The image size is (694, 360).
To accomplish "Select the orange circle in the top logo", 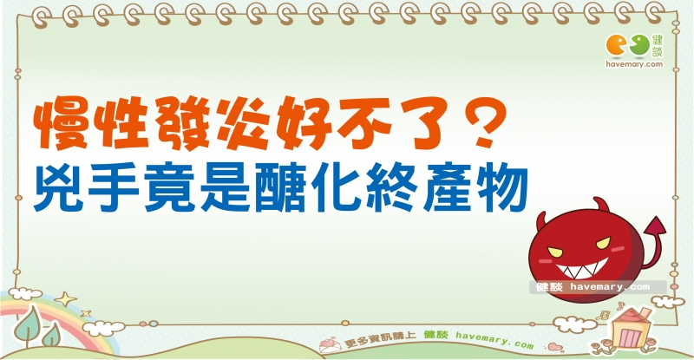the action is click(x=617, y=46).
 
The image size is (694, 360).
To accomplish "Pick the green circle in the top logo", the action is click(x=640, y=46).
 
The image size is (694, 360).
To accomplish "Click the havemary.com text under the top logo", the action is click(x=634, y=64).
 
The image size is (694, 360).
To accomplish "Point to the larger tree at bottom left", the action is click(x=28, y=325).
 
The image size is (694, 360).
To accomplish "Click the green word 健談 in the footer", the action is click(x=436, y=335).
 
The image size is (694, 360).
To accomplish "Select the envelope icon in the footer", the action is click(x=330, y=344).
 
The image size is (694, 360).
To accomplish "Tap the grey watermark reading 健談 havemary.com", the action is click(x=598, y=287).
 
